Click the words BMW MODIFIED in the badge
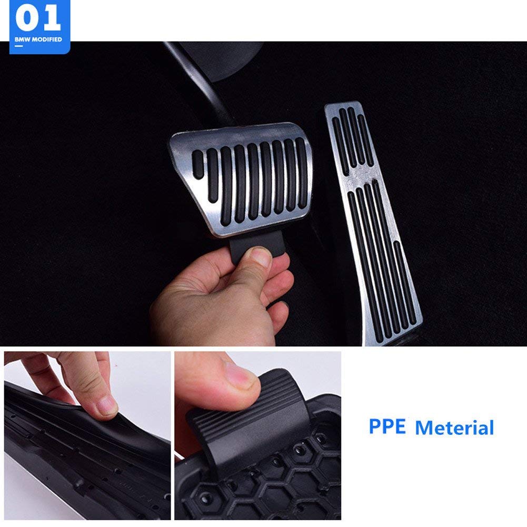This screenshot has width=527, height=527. [38, 39]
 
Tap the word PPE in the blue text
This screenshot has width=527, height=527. [387, 426]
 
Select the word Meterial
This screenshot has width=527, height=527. [454, 427]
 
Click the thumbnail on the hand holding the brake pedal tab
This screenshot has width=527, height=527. [261, 256]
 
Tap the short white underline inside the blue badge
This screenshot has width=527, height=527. [19, 47]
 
